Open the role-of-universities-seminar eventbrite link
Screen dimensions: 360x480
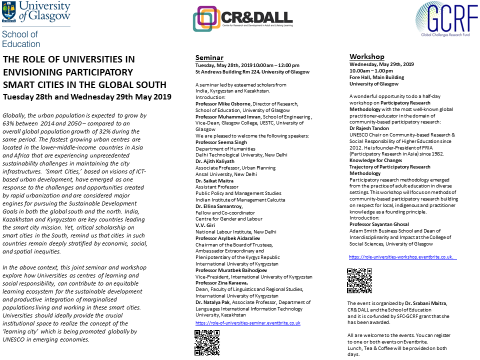click(247, 323)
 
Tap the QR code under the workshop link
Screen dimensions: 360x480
click(359, 280)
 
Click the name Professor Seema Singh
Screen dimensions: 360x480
click(220, 142)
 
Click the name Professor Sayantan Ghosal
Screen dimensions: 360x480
click(379, 224)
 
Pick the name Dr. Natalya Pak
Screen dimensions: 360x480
click(212, 302)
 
